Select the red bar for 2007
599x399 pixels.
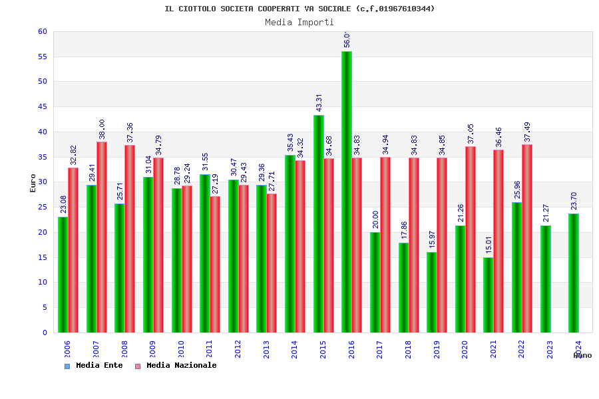point(102,237)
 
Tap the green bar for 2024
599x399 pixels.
point(574,273)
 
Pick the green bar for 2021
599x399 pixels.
point(489,295)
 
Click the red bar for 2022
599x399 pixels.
point(527,238)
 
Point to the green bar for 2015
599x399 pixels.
point(319,223)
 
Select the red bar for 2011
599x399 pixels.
point(215,264)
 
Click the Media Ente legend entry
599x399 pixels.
point(94,365)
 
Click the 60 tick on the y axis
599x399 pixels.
point(43,31)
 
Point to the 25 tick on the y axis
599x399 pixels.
point(43,207)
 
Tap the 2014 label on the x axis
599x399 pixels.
point(295,349)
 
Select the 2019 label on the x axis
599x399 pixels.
point(437,349)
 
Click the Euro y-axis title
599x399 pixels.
point(33,183)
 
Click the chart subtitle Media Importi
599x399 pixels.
point(299,22)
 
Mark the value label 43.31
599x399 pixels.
point(319,102)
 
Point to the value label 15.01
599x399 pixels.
point(489,245)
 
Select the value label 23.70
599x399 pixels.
point(574,201)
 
